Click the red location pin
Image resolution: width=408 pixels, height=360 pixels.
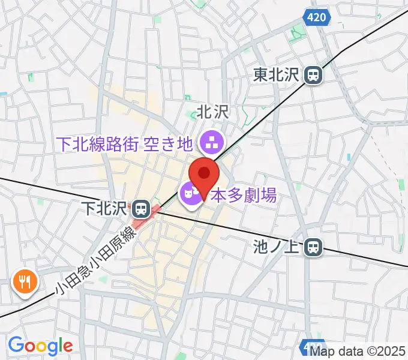tap(204, 175)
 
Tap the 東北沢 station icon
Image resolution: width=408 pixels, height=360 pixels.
tap(313, 75)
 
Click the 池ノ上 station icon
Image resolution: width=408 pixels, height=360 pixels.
tap(313, 246)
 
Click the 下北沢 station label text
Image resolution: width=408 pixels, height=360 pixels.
tap(106, 208)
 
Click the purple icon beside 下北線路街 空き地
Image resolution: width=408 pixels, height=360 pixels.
tap(211, 143)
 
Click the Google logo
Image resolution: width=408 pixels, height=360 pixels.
tap(40, 346)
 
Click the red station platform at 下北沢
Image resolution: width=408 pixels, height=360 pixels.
tap(150, 214)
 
